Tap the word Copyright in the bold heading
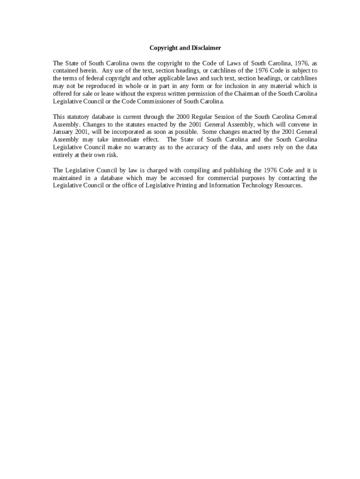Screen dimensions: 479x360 [x=163, y=48]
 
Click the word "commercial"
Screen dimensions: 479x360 [x=214, y=178]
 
